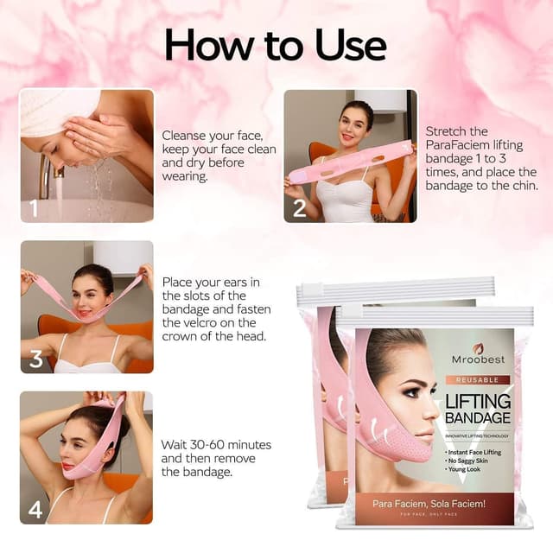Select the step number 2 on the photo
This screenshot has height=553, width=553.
coord(299,208)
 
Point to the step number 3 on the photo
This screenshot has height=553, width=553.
coord(35,358)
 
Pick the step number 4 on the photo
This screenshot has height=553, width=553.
coord(35,509)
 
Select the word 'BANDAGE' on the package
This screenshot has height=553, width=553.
coord(478,419)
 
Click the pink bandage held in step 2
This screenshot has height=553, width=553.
coord(346,165)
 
